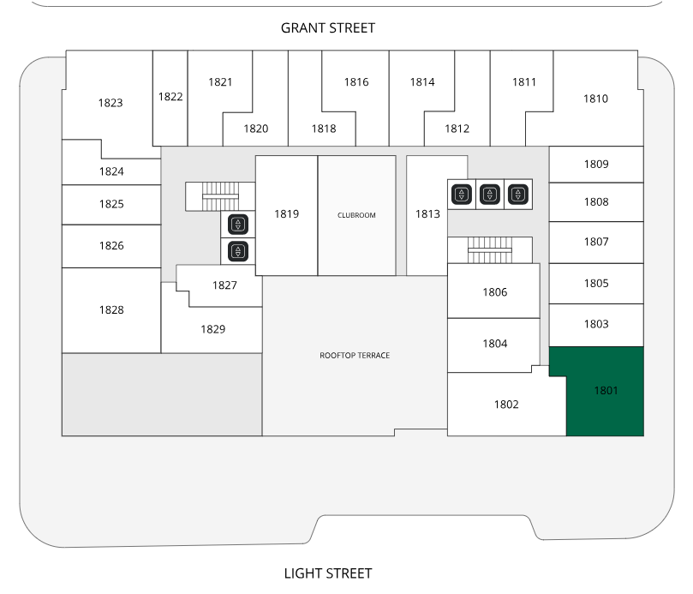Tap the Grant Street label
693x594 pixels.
point(328,28)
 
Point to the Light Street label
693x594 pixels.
point(328,573)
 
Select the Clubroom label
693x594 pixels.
point(356,215)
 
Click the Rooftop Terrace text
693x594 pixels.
point(355,355)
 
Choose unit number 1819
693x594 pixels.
point(286,214)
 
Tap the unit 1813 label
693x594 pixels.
point(427,214)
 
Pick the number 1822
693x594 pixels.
point(170,96)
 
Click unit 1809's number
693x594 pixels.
point(596,164)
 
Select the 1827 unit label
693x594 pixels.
point(224,285)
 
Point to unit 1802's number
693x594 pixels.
point(506,405)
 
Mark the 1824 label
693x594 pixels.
point(111,171)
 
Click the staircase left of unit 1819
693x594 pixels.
point(220,196)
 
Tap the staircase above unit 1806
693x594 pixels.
point(490,250)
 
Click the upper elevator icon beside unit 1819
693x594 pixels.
point(238,225)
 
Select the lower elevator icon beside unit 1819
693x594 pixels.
point(238,252)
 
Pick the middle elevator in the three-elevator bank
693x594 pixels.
point(490,195)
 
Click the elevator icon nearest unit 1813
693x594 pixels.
point(462,195)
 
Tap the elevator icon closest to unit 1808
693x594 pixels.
point(518,195)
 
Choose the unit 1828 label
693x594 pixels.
point(111,310)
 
